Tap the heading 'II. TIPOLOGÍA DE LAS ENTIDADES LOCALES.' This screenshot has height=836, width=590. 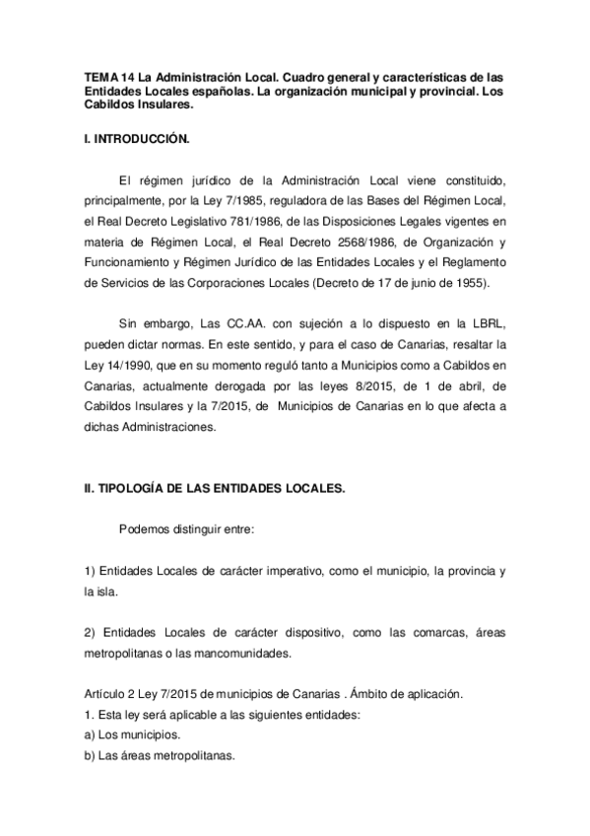pyautogui.click(x=214, y=489)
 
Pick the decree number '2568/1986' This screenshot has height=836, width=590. pyautogui.click(x=377, y=241)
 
